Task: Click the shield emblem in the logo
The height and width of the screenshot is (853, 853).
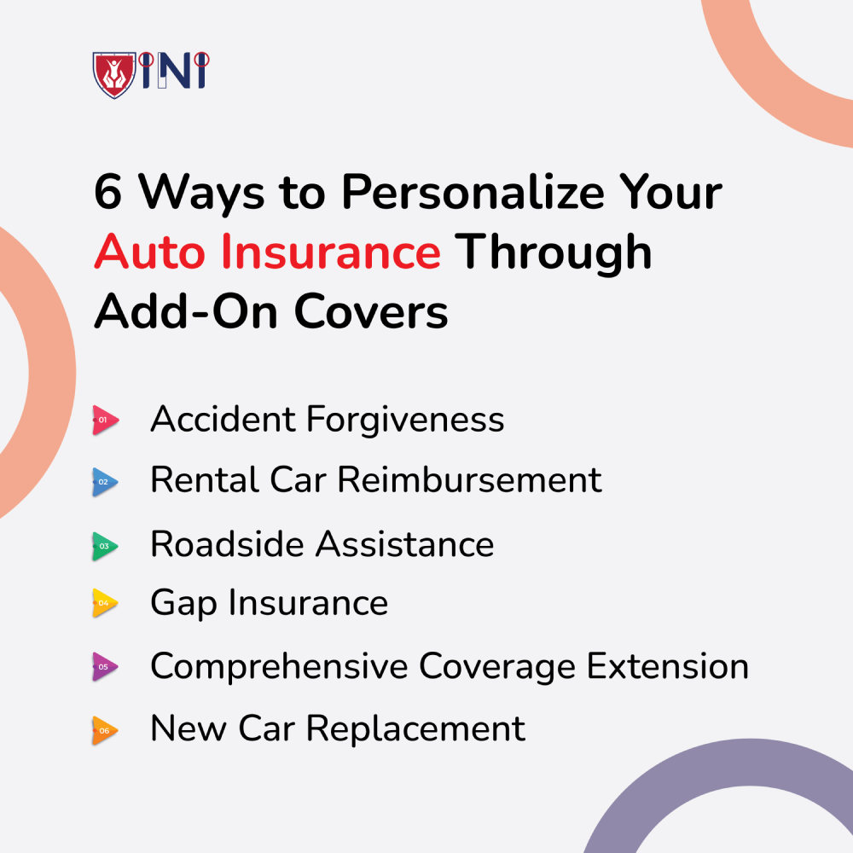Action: click(x=114, y=74)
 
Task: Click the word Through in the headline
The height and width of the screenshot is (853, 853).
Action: click(x=554, y=253)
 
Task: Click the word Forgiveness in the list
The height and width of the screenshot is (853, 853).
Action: click(x=405, y=421)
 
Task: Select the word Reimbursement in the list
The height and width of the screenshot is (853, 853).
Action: click(x=470, y=480)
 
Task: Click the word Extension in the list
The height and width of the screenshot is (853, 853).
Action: click(x=668, y=666)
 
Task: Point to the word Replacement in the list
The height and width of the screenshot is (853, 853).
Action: click(x=415, y=729)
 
